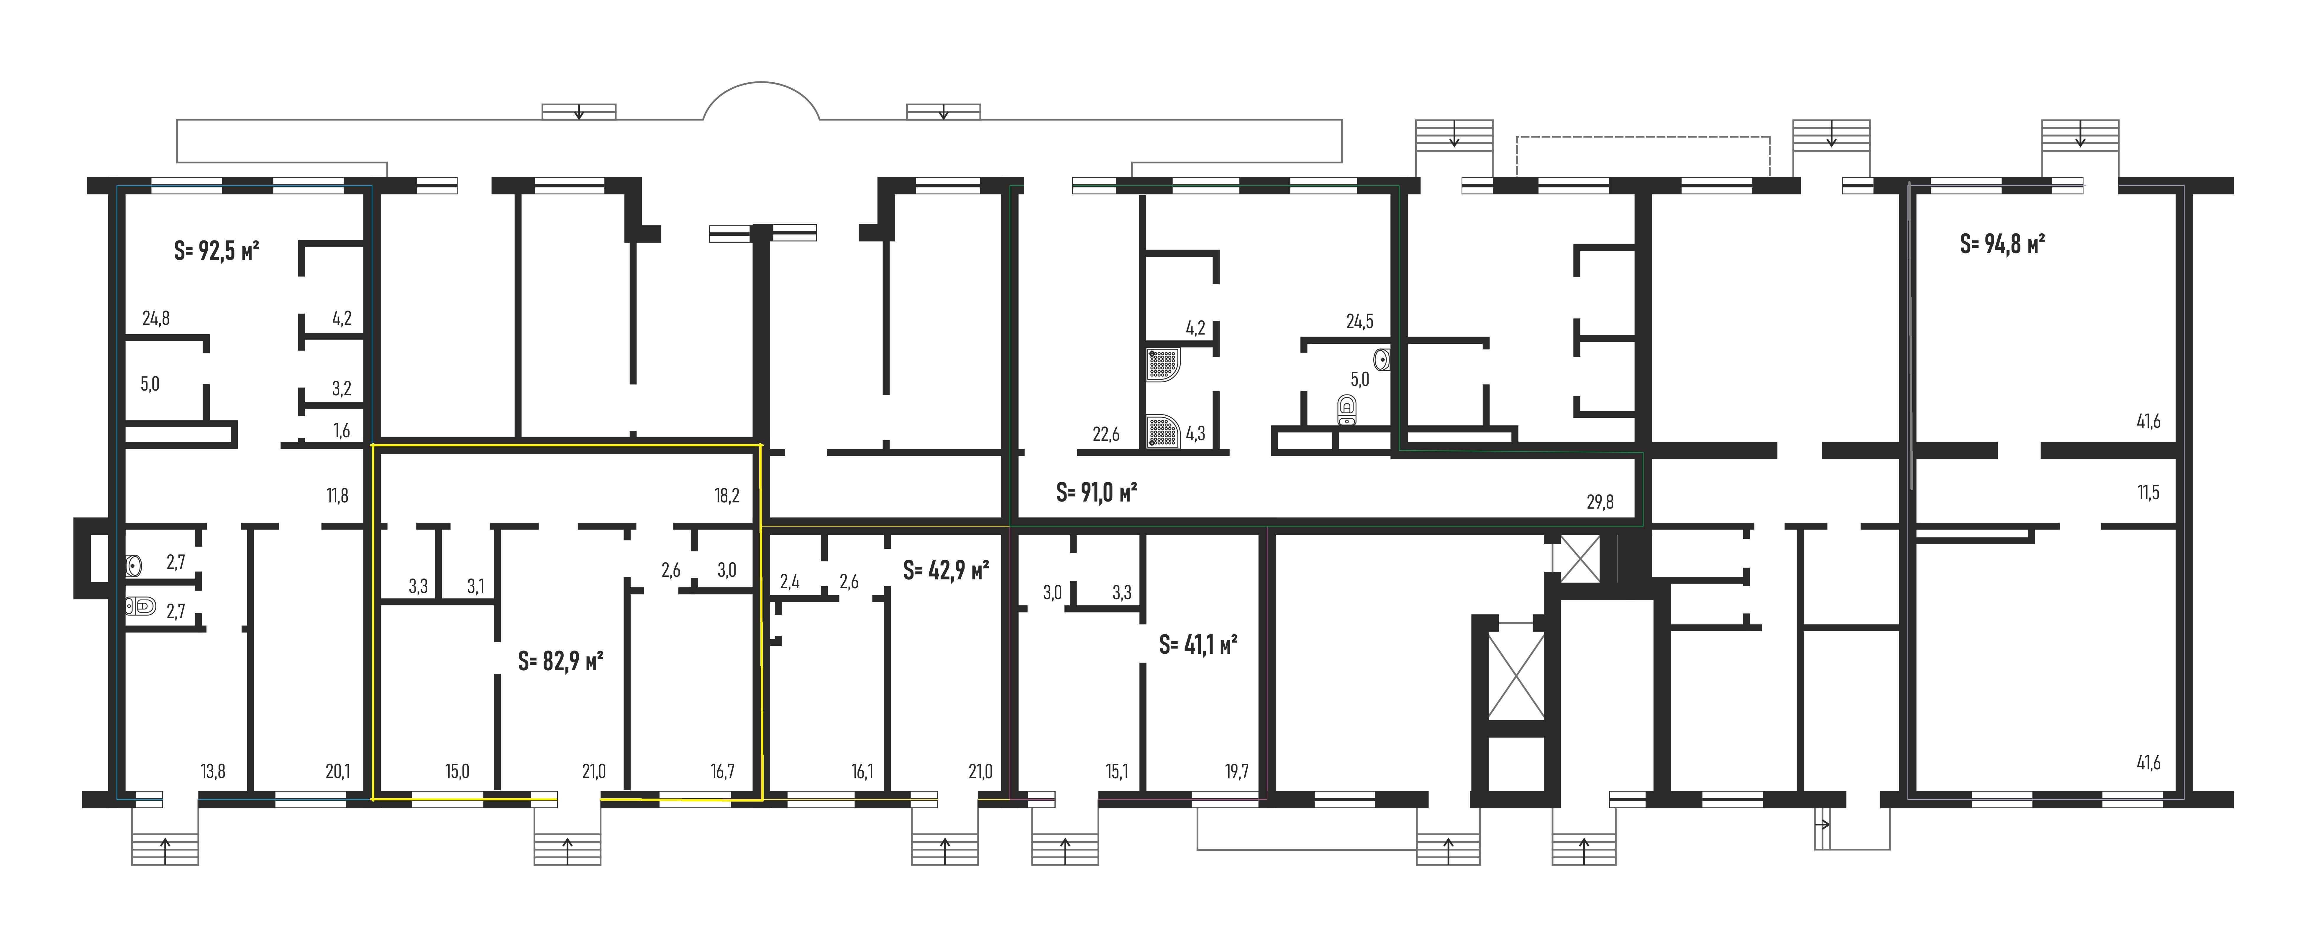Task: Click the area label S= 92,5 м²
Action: [217, 251]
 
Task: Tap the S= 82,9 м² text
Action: [560, 662]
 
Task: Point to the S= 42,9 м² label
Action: [946, 570]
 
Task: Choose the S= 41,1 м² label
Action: [1198, 645]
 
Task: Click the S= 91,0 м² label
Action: [1096, 493]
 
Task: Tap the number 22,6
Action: [1106, 434]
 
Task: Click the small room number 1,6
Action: [342, 431]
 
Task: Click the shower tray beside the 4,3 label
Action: [1162, 431]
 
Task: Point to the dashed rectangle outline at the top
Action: [1643, 155]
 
